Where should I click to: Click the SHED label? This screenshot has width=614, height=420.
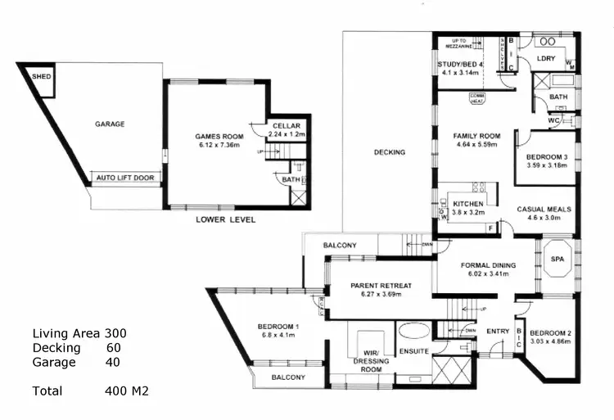pyautogui.click(x=40, y=76)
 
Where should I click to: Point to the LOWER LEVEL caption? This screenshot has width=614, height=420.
pyautogui.click(x=226, y=219)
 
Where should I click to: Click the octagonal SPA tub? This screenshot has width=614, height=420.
pyautogui.click(x=558, y=258)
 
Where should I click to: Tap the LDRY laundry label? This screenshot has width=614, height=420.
pyautogui.click(x=546, y=59)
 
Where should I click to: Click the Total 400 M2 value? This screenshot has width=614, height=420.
pyautogui.click(x=127, y=391)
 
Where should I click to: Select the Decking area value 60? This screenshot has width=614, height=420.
pyautogui.click(x=113, y=347)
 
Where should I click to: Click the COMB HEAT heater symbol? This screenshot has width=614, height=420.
pyautogui.click(x=476, y=97)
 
